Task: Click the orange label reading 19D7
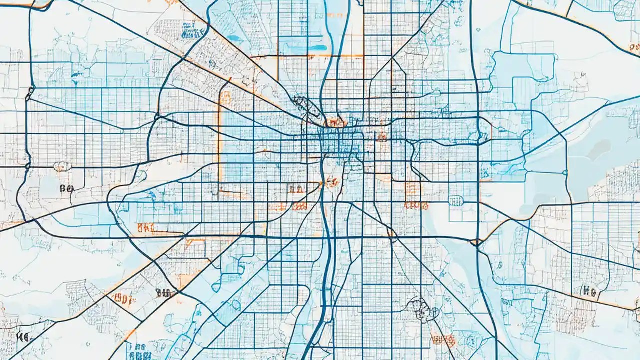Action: [x=123, y=299]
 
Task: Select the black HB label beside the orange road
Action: [x=588, y=291]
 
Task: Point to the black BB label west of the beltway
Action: [x=66, y=188]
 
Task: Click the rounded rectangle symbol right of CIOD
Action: [x=455, y=200]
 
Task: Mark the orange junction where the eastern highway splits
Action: [x=476, y=242]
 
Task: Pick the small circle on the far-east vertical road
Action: [x=565, y=173]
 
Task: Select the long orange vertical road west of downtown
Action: [x=218, y=135]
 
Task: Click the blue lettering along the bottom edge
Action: [x=137, y=347]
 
